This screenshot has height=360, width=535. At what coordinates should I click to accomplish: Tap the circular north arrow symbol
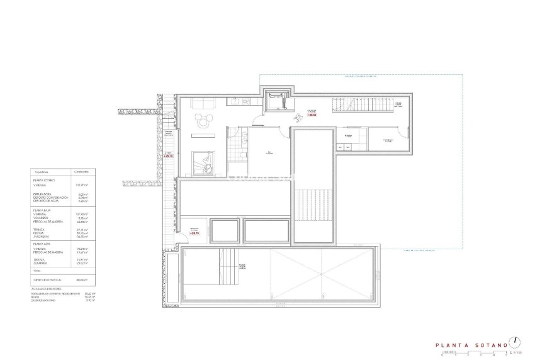pos(516,342)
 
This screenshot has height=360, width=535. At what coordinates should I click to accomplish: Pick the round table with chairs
pos(203,121)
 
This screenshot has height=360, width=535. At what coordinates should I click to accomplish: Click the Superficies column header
pos(43,171)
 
